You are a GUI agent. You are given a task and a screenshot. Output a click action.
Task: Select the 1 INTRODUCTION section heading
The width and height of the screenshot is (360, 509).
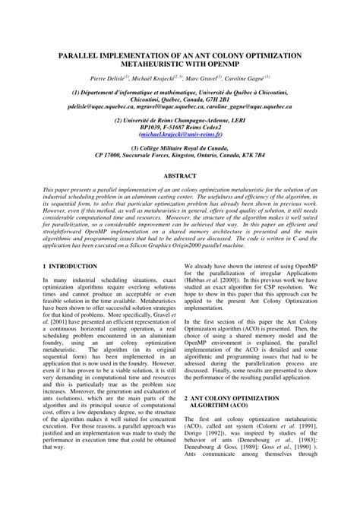tap(70, 267)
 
